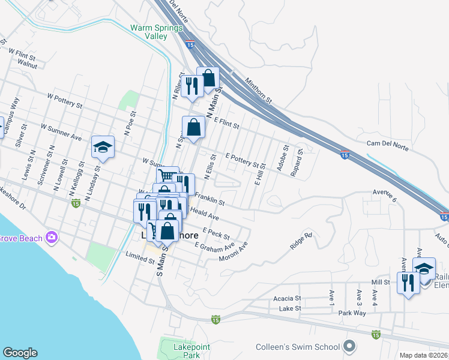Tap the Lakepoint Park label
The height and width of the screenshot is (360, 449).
(x=182, y=351)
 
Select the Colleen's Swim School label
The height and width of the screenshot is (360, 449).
(x=298, y=347)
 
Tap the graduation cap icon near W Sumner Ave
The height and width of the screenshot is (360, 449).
(x=103, y=147)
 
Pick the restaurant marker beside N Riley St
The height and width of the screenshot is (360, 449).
(x=192, y=86)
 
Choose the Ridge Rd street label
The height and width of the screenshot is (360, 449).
(x=301, y=241)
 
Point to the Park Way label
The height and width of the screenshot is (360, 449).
(x=352, y=313)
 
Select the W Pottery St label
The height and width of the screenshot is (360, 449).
(x=65, y=100)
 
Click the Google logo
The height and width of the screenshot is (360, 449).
(x=20, y=353)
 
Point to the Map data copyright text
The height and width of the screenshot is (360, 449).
(x=424, y=355)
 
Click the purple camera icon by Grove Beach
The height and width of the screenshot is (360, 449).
(x=52, y=238)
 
